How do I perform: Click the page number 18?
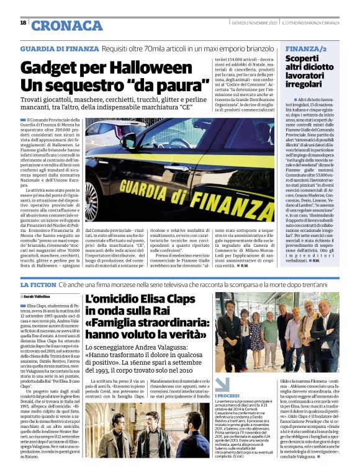tap(23, 23)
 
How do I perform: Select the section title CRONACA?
tap(66, 25)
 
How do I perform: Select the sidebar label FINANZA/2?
tap(308, 48)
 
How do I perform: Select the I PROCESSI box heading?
tap(229, 378)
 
